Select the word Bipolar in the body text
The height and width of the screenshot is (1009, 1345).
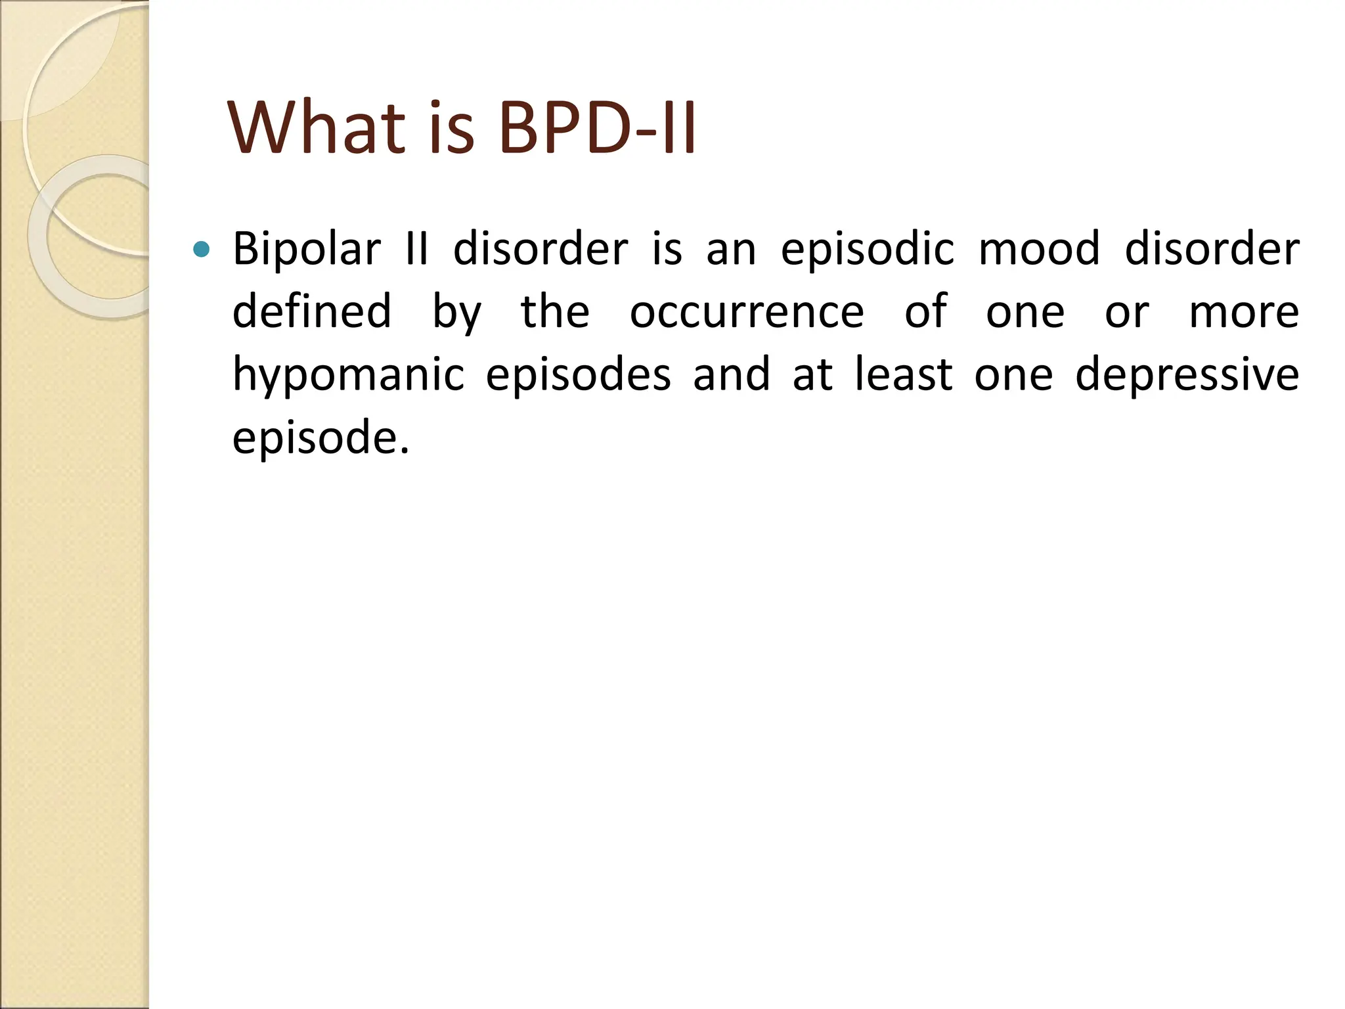pyautogui.click(x=307, y=250)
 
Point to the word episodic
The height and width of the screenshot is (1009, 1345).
pyautogui.click(x=867, y=250)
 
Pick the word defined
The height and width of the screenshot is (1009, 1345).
pyautogui.click(x=312, y=311)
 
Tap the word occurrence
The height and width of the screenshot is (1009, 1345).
pyautogui.click(x=747, y=311)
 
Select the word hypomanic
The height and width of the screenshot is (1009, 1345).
pyautogui.click(x=349, y=374)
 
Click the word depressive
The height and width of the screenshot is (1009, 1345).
pyautogui.click(x=1187, y=374)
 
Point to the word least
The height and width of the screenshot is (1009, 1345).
pyautogui.click(x=903, y=374)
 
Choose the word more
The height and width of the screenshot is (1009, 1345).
pyautogui.click(x=1244, y=311)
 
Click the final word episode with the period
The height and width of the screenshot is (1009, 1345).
pyautogui.click(x=321, y=437)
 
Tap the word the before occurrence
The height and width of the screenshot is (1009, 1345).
pyautogui.click(x=555, y=311)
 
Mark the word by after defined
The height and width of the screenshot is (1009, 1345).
pyautogui.click(x=456, y=313)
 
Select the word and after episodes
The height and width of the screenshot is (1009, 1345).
pyautogui.click(x=731, y=374)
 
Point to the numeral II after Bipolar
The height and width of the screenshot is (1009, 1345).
pyautogui.click(x=417, y=250)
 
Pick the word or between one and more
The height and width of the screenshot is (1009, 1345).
pyautogui.click(x=1127, y=313)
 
